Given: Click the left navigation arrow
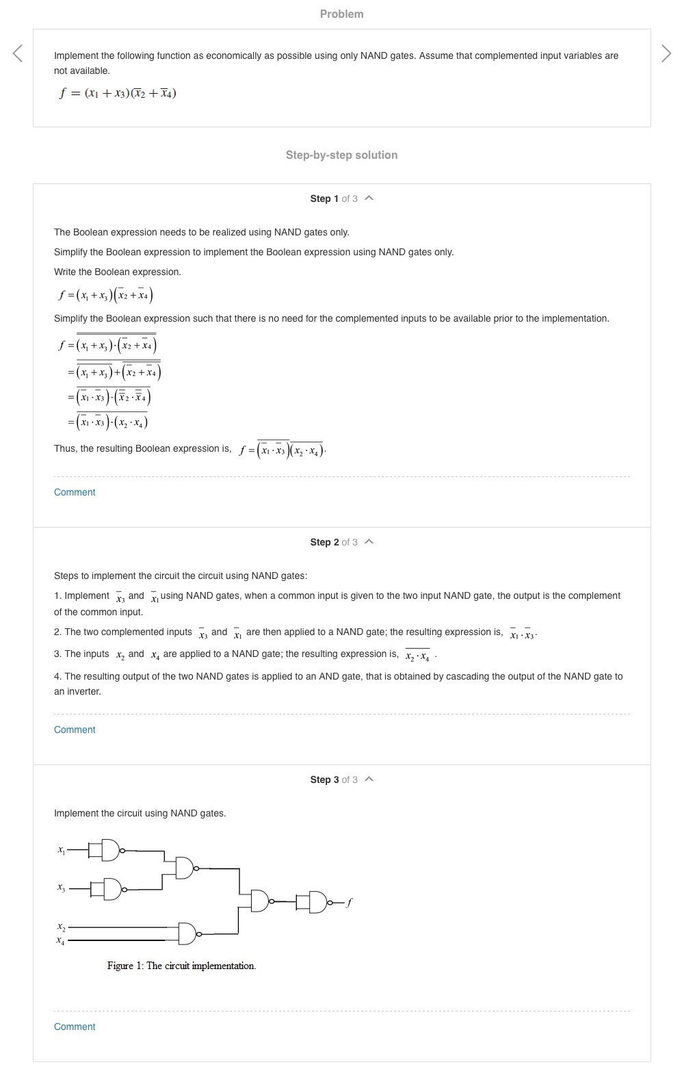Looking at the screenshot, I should pyautogui.click(x=18, y=53).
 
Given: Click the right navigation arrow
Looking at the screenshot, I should pyautogui.click(x=666, y=53).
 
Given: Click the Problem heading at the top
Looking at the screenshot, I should pyautogui.click(x=341, y=14).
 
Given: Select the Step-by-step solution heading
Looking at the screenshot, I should pyautogui.click(x=341, y=155).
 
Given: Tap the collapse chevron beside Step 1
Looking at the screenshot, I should pyautogui.click(x=369, y=198).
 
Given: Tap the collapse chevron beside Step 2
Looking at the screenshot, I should pyautogui.click(x=369, y=542).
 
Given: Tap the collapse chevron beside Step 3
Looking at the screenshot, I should pyautogui.click(x=369, y=780).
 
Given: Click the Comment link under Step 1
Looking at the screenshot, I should pyautogui.click(x=75, y=492).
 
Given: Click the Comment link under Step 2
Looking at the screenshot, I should pyautogui.click(x=75, y=730).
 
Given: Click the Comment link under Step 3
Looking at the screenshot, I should pyautogui.click(x=75, y=1027).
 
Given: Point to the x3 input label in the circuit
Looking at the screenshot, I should pyautogui.click(x=61, y=888).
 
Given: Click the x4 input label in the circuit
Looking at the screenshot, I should pyautogui.click(x=61, y=941).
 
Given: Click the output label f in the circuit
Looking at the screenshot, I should pyautogui.click(x=349, y=902).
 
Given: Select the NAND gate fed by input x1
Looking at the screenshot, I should pyautogui.click(x=111, y=850).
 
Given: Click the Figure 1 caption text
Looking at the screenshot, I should pyautogui.click(x=181, y=966).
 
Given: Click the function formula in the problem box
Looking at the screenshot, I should pyautogui.click(x=118, y=93).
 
